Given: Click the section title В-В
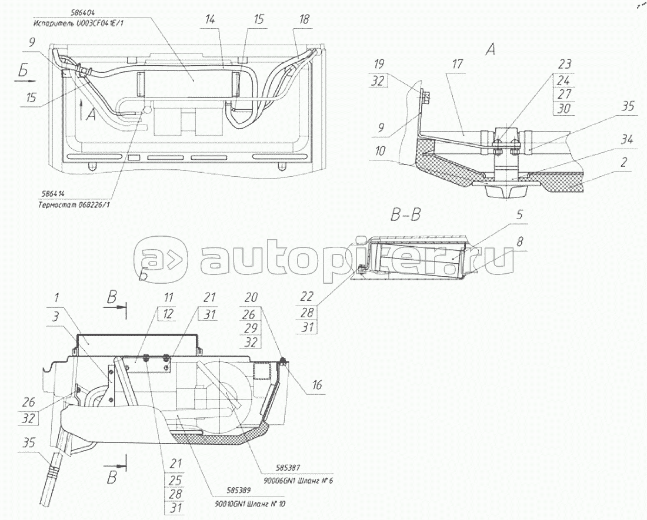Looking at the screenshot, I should [x=405, y=215].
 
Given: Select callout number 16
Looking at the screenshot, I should [x=317, y=385].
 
